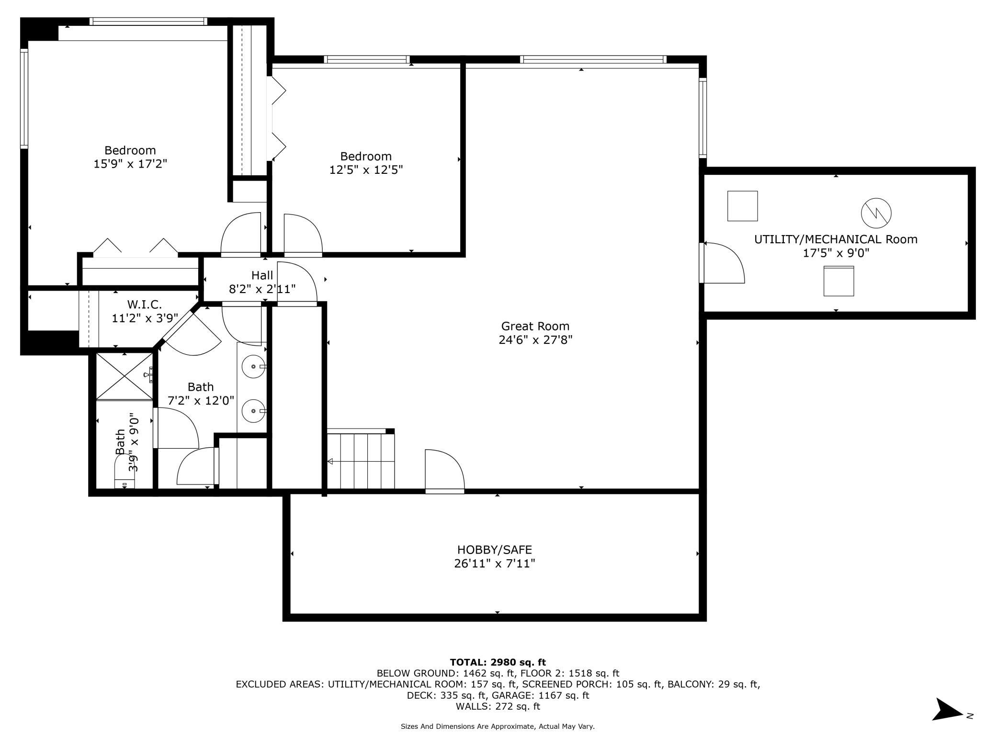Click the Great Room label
535,326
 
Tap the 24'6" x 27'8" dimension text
535,340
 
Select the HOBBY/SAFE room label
494,550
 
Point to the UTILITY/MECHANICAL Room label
836,239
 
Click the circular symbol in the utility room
876,213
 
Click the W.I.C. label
144,304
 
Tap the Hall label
262,275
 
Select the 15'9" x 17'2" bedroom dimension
130,164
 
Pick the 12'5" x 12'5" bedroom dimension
366,170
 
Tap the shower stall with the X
124,376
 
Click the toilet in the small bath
124,472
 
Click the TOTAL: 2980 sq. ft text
498,662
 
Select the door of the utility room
722,263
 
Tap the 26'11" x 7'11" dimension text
494,564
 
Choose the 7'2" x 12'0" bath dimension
201,400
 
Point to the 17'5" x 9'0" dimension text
836,253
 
